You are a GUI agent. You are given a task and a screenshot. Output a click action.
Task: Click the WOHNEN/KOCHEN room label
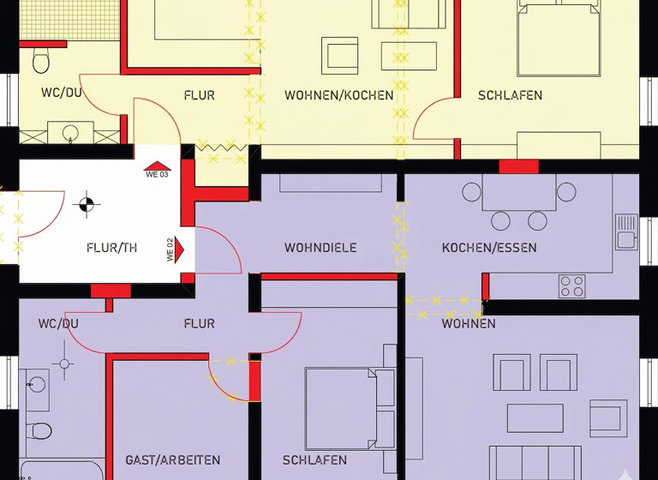tap(339, 95)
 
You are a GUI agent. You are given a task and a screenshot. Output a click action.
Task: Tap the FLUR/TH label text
tap(112, 248)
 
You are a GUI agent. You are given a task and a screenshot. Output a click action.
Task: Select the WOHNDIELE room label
tap(320, 248)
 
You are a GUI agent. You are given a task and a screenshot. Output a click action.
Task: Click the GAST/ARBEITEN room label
tap(172, 460)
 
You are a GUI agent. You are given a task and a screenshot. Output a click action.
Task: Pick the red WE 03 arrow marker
tap(158, 168)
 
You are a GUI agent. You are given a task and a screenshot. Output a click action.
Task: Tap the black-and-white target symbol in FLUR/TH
tap(86, 204)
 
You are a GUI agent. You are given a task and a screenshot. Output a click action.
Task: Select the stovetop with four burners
tap(571, 285)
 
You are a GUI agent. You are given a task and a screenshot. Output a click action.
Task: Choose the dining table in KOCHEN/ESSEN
tap(519, 193)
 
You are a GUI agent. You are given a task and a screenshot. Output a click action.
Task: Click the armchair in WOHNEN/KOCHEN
tap(339, 56)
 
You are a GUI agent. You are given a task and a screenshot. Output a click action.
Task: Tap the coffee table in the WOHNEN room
tap(535, 418)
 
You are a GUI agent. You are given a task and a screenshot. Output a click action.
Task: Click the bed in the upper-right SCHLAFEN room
tap(559, 39)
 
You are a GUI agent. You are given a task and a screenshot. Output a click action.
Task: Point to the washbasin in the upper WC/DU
tap(71, 133)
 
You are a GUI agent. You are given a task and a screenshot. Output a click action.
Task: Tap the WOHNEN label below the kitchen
tap(469, 324)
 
